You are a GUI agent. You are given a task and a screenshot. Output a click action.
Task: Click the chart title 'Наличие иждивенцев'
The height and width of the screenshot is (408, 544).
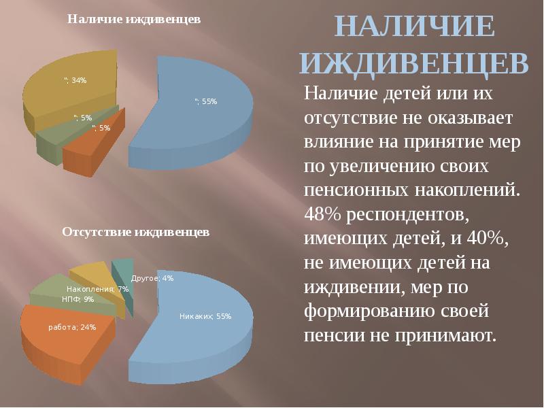point(134,20)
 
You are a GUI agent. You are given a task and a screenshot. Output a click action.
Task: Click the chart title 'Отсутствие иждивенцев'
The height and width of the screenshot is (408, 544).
point(135,232)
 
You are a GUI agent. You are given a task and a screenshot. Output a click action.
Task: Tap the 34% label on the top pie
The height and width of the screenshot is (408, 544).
point(75,80)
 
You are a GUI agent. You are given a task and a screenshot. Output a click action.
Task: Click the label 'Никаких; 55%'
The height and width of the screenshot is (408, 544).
point(205,316)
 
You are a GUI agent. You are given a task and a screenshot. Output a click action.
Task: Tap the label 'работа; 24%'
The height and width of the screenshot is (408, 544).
point(72,327)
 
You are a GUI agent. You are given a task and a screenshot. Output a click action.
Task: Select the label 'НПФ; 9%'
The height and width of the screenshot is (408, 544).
point(78,299)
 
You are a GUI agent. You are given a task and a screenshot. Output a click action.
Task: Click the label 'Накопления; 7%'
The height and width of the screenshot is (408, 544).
point(97,289)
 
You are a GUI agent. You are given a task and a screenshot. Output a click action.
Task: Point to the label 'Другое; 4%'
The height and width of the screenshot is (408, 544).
point(152,278)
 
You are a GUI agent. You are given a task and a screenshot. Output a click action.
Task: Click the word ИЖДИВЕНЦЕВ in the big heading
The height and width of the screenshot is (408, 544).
point(414,64)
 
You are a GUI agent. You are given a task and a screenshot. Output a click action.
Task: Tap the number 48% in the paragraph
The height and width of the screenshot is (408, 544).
point(322,214)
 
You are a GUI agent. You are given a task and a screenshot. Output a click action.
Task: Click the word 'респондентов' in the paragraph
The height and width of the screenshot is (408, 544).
point(407,216)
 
